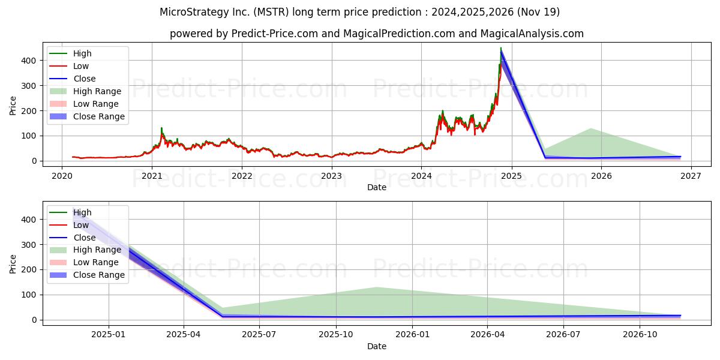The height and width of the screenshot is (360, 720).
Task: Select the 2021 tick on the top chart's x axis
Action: coord(152,175)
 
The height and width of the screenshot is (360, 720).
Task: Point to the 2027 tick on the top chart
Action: coord(691,175)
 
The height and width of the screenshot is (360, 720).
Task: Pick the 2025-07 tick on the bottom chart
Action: coord(259,334)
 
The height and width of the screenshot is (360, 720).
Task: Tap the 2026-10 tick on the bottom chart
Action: coord(640,334)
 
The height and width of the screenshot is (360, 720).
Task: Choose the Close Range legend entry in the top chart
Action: coord(98,116)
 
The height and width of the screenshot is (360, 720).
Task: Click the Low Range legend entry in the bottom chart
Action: coord(96,262)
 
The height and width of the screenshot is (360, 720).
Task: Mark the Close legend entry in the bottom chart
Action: coord(85,238)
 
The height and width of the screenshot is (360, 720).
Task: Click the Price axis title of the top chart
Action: coord(13,106)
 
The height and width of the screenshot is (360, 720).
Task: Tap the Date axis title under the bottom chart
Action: coord(376,346)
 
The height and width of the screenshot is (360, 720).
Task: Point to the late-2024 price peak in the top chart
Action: coord(501,49)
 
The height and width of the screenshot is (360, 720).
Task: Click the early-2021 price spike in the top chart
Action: coord(161,128)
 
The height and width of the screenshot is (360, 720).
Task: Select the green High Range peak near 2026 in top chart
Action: coord(591,128)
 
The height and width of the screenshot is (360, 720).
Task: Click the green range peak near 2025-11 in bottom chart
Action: coord(376,287)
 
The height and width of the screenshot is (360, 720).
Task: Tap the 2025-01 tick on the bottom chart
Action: coord(109,334)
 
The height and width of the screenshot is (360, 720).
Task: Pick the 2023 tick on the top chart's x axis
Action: coord(331,175)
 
